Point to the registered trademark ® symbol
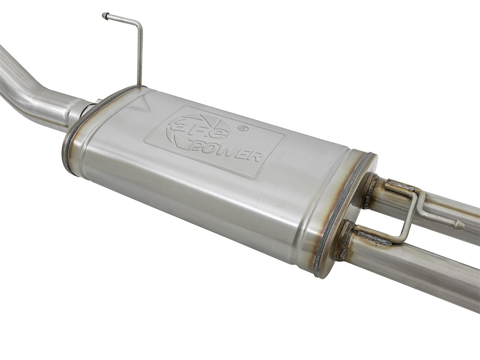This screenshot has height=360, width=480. coord(244,128)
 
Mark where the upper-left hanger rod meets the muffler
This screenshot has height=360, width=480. coord(139,84)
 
